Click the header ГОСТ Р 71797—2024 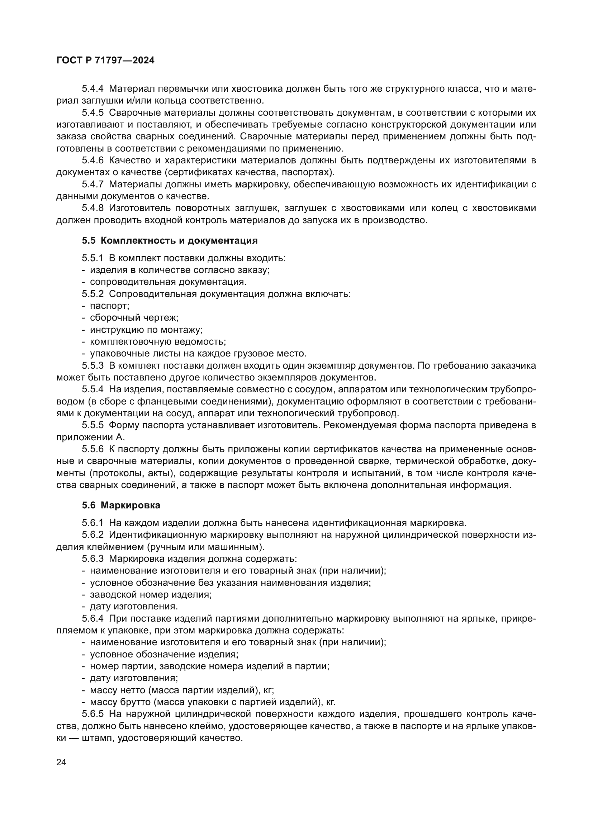coord(105,61)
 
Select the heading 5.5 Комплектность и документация coord(170,240)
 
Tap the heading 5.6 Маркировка coord(121,506)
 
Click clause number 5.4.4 coord(92,89)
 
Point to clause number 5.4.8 coord(92,208)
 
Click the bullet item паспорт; coord(110,306)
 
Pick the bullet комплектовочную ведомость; coord(158,342)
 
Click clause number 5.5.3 coord(92,366)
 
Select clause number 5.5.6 coord(92,449)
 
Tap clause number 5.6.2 coord(92,535)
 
